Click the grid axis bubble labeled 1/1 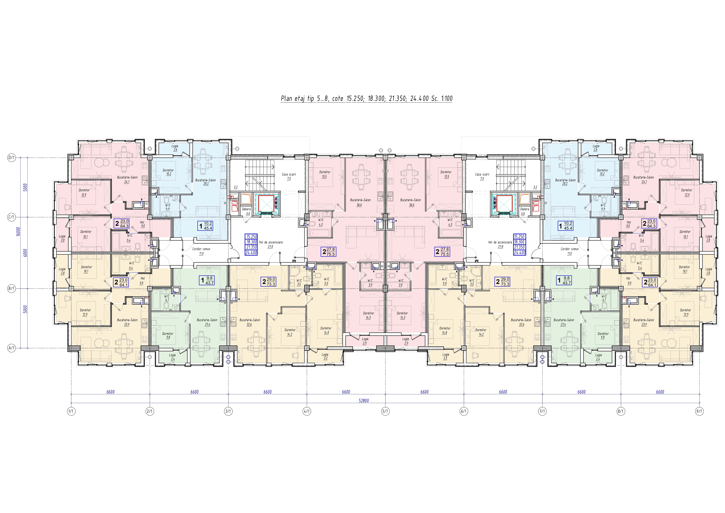[71, 411]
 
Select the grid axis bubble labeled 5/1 [385, 411]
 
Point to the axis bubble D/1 [11, 158]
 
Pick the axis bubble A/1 [11, 348]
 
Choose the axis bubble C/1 [11, 217]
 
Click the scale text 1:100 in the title [447, 99]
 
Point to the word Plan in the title [286, 99]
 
